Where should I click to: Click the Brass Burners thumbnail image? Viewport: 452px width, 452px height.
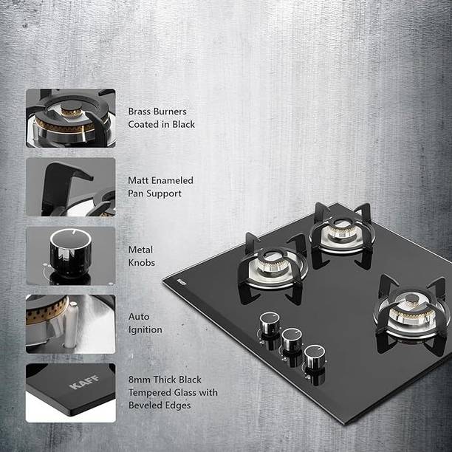pyautogui.click(x=70, y=118)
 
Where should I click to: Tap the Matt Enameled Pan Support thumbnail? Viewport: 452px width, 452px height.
pyautogui.click(x=70, y=187)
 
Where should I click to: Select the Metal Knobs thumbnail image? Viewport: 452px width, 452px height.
pyautogui.click(x=70, y=256)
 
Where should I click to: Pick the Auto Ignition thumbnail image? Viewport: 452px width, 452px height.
pyautogui.click(x=70, y=323)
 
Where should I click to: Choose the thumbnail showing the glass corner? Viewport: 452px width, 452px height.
pyautogui.click(x=70, y=392)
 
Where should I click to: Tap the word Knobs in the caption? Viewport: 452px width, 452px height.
pyautogui.click(x=143, y=262)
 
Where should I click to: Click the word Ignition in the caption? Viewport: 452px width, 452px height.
pyautogui.click(x=145, y=330)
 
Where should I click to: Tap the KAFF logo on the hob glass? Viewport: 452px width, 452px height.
pyautogui.click(x=182, y=281)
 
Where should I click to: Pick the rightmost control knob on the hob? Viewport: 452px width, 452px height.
pyautogui.click(x=315, y=356)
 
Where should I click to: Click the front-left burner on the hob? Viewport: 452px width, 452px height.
pyautogui.click(x=272, y=264)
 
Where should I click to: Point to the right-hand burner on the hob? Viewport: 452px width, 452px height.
pyautogui.click(x=410, y=309)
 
